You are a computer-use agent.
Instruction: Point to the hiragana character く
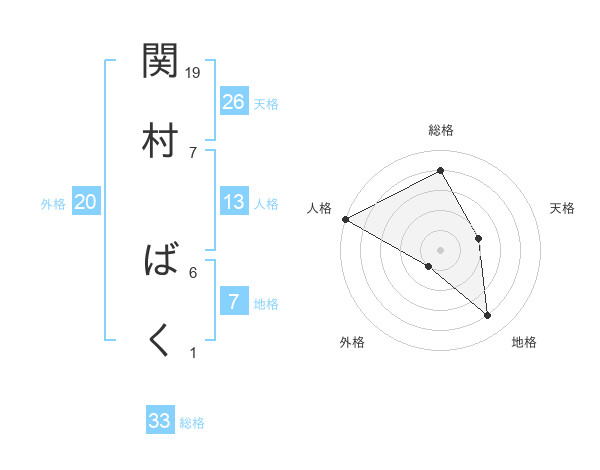pos(161,341)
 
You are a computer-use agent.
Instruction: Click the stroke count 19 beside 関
pos(194,73)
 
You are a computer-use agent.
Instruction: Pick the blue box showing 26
pos(234,102)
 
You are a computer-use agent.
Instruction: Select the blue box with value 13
pos(234,202)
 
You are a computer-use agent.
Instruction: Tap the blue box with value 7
pos(234,302)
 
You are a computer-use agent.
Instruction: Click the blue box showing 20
pos(85,202)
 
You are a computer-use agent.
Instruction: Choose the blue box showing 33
pos(160,421)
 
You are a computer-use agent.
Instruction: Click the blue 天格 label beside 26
pos(266,104)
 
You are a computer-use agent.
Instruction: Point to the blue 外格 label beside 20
pos(53,204)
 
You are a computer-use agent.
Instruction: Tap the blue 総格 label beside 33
pos(192,423)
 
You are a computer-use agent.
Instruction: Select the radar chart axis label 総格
pos(441,130)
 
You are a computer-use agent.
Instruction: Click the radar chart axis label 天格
pos(562,208)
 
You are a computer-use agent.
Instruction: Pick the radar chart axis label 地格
pos(524,343)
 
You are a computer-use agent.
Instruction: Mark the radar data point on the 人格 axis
pos(345,219)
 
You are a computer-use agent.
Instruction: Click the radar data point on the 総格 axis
pos(440,171)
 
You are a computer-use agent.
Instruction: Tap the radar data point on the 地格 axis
pos(487,315)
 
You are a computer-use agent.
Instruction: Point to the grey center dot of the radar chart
pos(440,249)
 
